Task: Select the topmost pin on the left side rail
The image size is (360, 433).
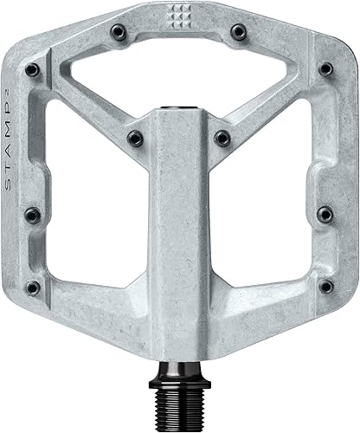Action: [32, 68]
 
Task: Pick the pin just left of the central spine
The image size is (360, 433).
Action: [133, 136]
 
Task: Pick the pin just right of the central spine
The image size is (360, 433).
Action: [222, 136]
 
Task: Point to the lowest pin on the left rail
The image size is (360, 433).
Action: [33, 287]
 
